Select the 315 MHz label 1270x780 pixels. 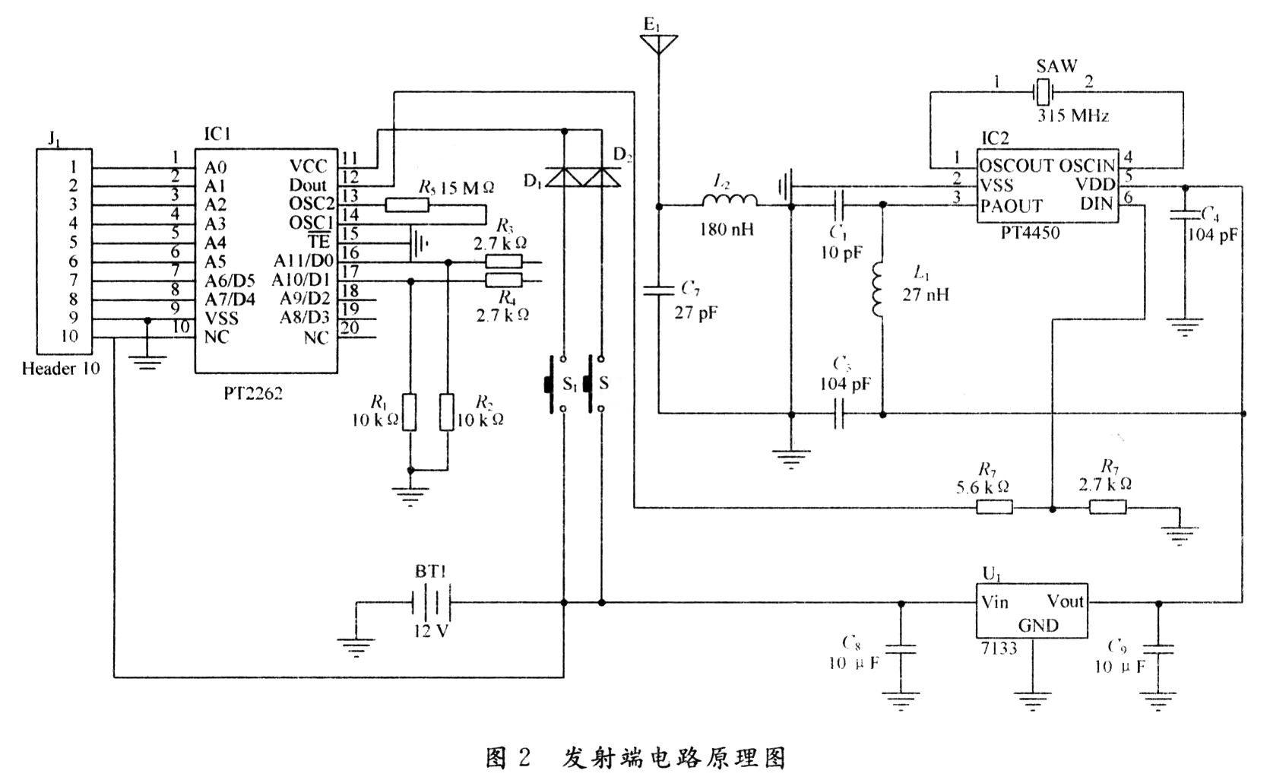[1073, 116]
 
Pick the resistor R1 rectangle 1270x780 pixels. [410, 412]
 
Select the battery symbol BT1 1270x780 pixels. [431, 604]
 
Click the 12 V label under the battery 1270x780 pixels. [431, 631]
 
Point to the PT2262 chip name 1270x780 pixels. [252, 395]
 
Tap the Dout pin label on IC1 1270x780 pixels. [308, 185]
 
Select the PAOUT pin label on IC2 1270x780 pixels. [1011, 205]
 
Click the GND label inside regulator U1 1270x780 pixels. [1038, 626]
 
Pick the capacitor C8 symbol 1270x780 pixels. [902, 650]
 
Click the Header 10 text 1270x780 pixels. [61, 369]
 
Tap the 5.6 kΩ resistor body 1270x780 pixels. [994, 507]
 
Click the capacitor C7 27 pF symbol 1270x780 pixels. [658, 290]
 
